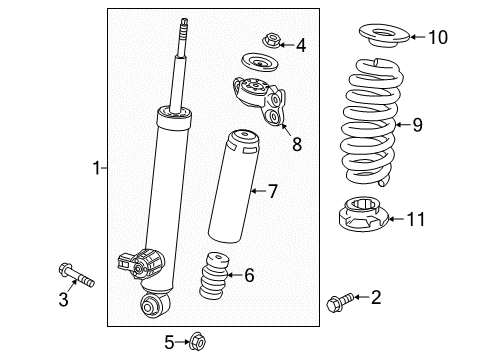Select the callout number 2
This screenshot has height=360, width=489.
[x=375, y=296]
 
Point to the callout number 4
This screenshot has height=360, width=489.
[x=300, y=43]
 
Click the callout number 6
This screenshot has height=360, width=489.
[x=250, y=275]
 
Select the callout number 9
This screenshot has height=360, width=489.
[x=417, y=125]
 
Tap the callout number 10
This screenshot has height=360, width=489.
[x=437, y=38]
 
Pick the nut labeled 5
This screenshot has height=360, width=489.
[x=197, y=343]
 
